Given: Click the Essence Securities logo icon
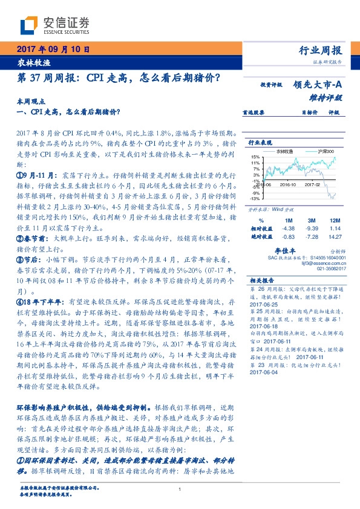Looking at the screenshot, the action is click(29, 25).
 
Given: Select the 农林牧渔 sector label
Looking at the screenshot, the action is click(30, 62).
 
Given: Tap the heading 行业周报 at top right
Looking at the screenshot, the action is click(321, 51).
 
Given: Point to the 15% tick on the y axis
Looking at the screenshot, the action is click(256, 157).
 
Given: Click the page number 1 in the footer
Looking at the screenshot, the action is click(180, 489).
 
